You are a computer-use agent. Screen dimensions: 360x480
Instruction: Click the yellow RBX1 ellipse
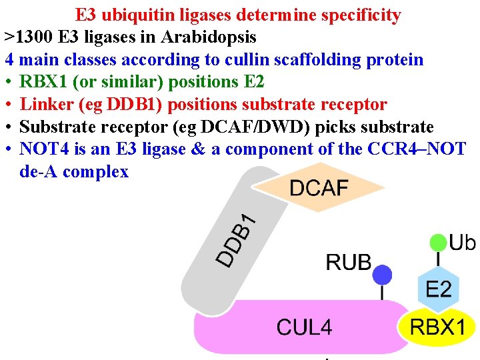point(437,327)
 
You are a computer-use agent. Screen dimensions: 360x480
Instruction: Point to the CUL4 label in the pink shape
point(304,327)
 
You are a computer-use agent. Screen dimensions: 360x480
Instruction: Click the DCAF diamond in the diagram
point(319,188)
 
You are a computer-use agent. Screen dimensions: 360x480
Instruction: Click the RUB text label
point(348,262)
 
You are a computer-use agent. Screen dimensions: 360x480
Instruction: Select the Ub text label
point(463,242)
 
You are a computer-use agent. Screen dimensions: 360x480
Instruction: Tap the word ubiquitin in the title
point(139,15)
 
